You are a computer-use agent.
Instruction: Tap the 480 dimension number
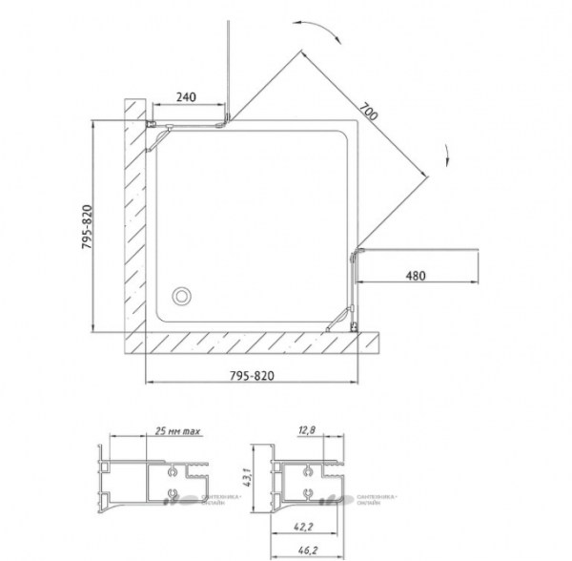click(415, 277)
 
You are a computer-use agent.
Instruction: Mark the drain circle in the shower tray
click(181, 296)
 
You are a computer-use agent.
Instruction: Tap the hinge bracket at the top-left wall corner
click(152, 124)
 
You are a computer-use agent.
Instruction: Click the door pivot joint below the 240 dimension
click(226, 121)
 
